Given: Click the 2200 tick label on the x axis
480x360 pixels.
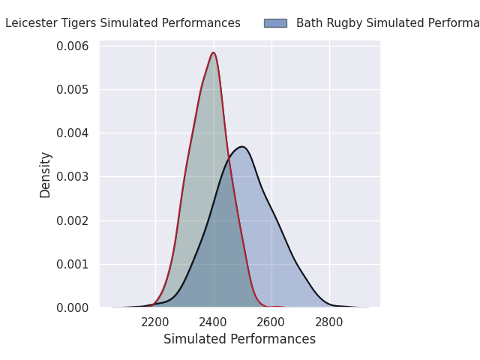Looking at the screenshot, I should tap(155, 322).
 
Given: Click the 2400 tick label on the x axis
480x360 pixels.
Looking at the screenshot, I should tap(214, 322).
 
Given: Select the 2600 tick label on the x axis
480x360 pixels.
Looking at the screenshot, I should tap(271, 322).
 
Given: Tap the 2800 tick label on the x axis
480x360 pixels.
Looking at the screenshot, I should tap(329, 322).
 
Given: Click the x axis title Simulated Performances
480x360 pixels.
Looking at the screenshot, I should tap(239, 340).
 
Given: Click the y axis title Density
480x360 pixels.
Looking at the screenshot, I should tap(46, 175).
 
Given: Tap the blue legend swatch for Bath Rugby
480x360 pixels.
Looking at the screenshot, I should tap(275, 23).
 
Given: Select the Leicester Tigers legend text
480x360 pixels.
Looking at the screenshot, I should tap(123, 23).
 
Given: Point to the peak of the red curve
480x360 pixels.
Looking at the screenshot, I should tap(214, 52).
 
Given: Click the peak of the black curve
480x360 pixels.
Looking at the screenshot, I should tap(241, 146).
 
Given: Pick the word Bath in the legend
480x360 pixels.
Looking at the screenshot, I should tap(308, 23).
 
